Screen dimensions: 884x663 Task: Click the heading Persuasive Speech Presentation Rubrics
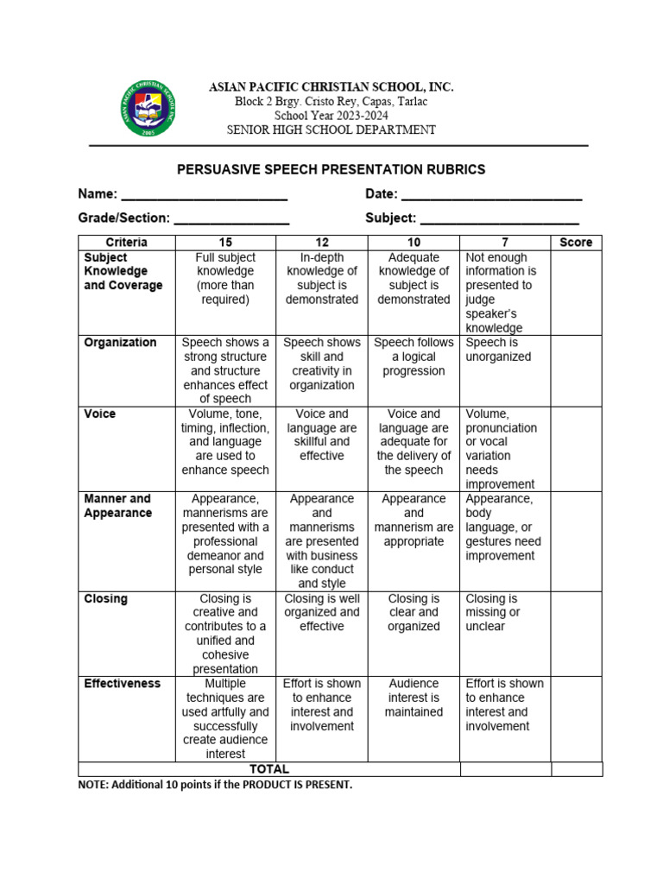331,169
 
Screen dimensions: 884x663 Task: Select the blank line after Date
491,196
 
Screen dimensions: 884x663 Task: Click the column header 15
225,243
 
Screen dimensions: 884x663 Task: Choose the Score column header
576,243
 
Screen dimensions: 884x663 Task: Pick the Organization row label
120,343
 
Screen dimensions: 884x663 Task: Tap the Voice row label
98,414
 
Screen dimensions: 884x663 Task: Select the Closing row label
105,599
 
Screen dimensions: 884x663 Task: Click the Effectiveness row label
122,684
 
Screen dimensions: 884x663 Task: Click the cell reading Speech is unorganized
498,350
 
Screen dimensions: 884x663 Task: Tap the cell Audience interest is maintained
414,698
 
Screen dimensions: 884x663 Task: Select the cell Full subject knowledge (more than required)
225,278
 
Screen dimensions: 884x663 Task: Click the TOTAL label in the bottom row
269,769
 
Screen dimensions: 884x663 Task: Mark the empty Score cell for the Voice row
576,449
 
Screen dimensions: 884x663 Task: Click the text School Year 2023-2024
331,116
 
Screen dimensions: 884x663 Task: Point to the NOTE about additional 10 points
215,785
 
